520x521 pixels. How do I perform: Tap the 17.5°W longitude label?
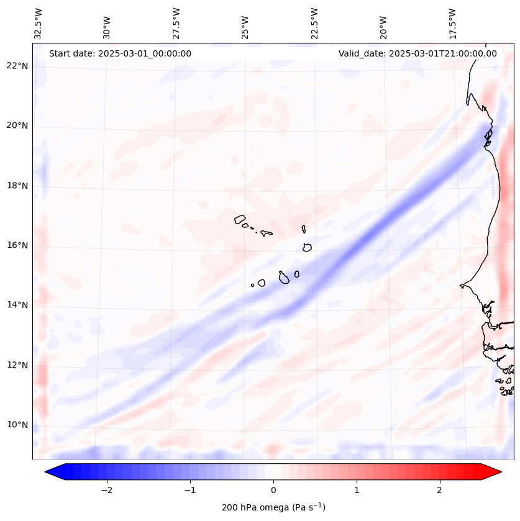click(x=452, y=23)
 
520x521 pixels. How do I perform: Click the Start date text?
click(x=120, y=53)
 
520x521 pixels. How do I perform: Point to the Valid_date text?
click(x=417, y=53)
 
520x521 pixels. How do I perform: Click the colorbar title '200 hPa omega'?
click(x=273, y=507)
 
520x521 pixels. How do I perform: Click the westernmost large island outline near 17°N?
click(x=240, y=219)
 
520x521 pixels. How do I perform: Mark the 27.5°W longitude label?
click(x=176, y=23)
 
